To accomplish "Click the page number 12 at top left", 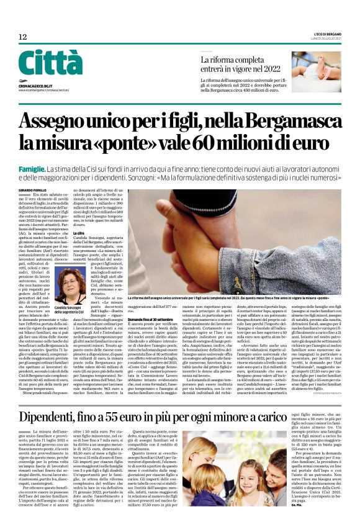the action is pos(22,37).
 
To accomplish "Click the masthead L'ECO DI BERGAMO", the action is pos(324,36).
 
